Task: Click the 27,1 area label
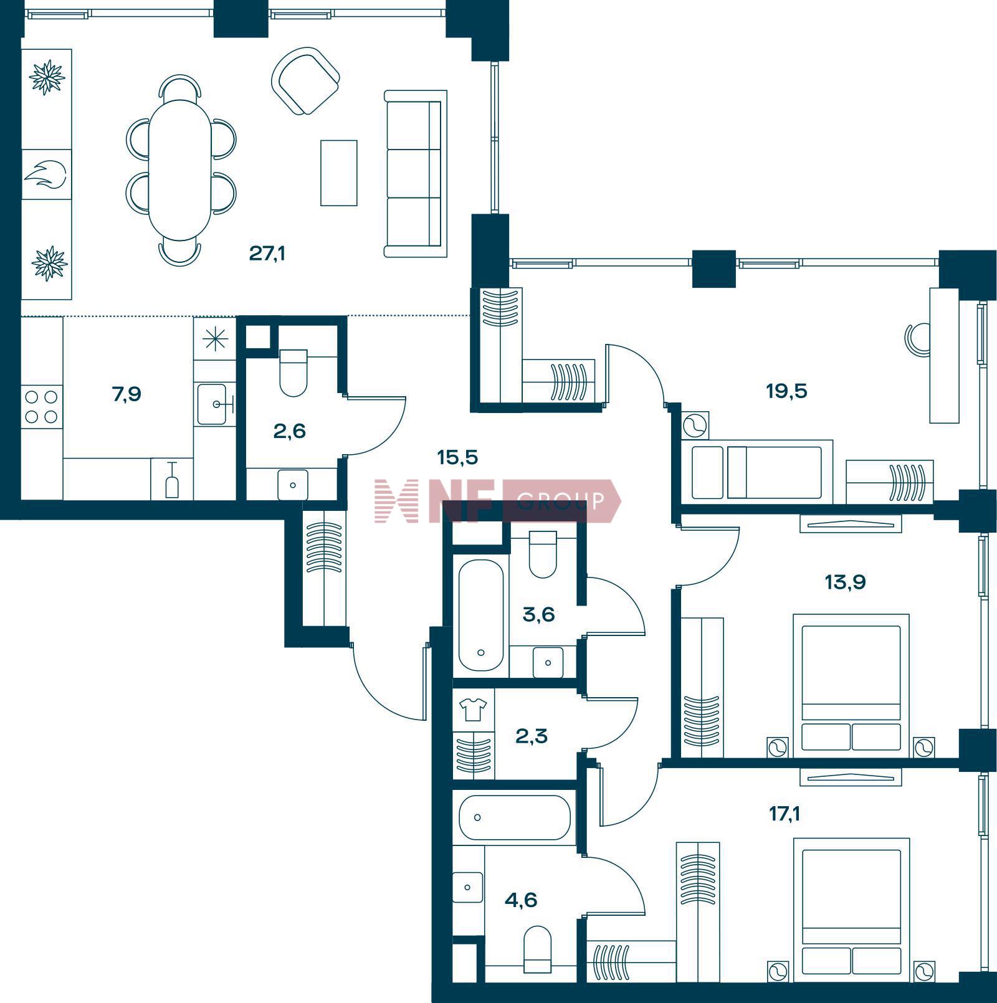click(x=267, y=254)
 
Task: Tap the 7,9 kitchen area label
click(x=126, y=394)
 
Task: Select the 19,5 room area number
click(x=786, y=391)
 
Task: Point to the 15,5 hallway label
click(x=457, y=458)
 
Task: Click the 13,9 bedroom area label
click(x=845, y=582)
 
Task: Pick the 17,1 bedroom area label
click(x=785, y=813)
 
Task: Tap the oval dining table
click(x=180, y=170)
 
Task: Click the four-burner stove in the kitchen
click(x=42, y=406)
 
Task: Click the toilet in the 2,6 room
click(x=293, y=373)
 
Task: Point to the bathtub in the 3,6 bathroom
click(x=481, y=615)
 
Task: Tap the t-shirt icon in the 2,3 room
click(x=473, y=708)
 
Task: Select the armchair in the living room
click(x=305, y=81)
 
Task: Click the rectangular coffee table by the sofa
click(x=339, y=173)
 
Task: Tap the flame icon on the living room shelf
click(x=45, y=175)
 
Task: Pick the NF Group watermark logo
click(x=497, y=500)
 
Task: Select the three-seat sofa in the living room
click(x=416, y=174)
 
